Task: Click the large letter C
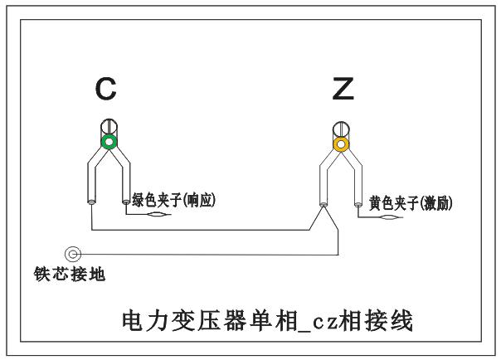105,89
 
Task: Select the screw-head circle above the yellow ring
339,129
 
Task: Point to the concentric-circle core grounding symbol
72,253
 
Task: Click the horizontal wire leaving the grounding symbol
207,254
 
